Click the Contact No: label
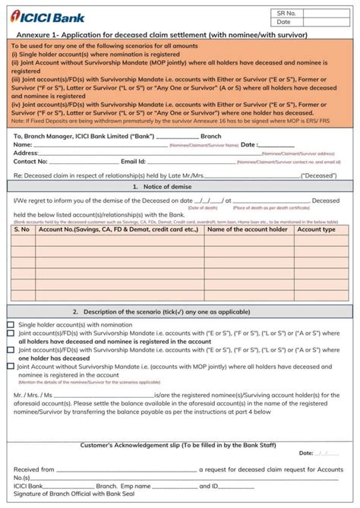point(30,162)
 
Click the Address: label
point(26,153)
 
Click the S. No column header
point(21,229)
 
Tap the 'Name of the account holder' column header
point(248,229)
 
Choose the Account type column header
point(316,229)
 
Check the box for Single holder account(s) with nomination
point(10,324)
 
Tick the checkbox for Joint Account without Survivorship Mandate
point(10,366)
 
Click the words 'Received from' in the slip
point(33,470)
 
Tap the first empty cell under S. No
point(21,241)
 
